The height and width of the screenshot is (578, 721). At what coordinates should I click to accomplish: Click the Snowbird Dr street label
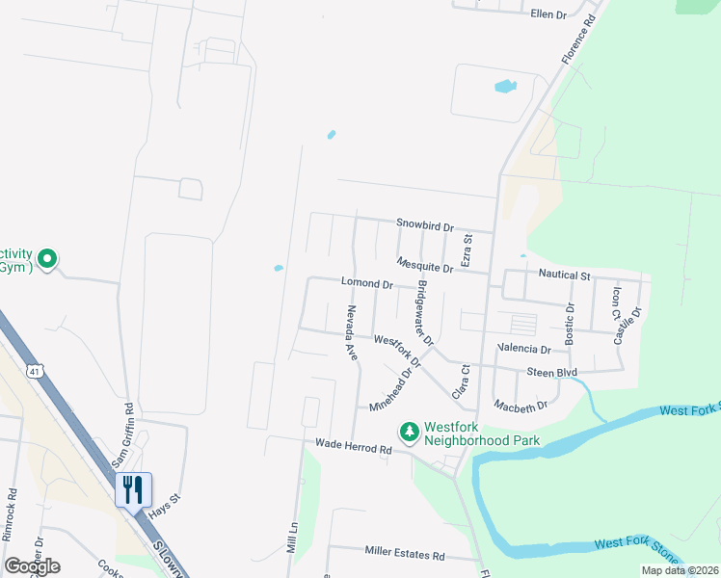pos(424,225)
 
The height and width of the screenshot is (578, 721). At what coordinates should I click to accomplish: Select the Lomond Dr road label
pos(366,284)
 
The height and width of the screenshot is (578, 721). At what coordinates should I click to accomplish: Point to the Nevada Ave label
pos(352,333)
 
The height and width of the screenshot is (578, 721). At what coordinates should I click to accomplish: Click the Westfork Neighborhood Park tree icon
pos(410,432)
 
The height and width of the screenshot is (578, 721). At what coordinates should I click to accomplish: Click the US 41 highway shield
pos(36,371)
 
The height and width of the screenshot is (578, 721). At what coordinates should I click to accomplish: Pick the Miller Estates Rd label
pos(404,554)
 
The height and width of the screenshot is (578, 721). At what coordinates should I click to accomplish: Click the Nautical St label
pos(564,276)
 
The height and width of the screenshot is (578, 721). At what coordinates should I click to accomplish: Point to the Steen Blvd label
pos(551,372)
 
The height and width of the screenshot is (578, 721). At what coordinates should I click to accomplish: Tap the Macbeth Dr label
pos(520,406)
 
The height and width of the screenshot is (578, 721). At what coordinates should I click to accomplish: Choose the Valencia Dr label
pos(524,349)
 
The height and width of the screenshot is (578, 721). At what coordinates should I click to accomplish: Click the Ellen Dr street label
pos(547,14)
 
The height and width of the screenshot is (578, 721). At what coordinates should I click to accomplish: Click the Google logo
pos(32,566)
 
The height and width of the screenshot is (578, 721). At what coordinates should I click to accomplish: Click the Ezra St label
pos(467,250)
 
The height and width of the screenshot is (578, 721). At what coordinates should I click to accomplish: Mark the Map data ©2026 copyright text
pos(680,570)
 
